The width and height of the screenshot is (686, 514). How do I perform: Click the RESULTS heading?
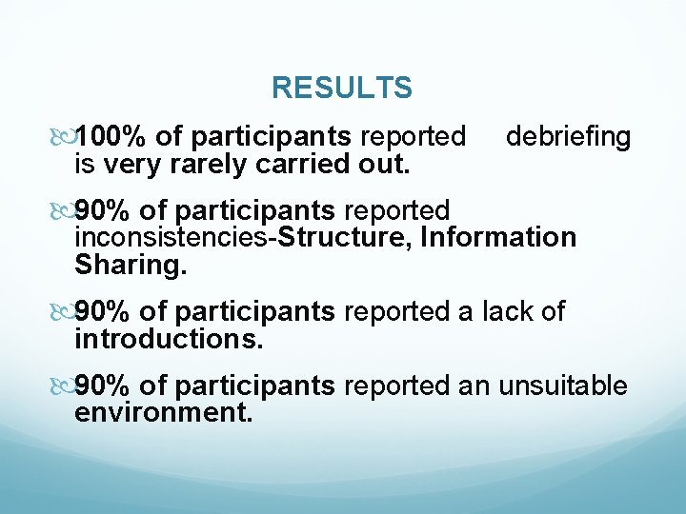point(341,89)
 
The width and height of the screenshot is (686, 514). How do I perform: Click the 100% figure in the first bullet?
point(104,137)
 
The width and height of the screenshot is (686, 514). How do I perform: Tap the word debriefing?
point(568,137)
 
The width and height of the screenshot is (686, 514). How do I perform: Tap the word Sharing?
point(131,265)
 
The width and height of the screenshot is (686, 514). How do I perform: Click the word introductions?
point(169,339)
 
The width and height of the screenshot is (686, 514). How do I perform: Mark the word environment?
point(164,413)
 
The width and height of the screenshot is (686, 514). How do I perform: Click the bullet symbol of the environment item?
point(64,386)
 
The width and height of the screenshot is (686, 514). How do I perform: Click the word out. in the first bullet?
point(383,165)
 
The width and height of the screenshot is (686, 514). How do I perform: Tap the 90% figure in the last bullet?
point(104,385)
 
